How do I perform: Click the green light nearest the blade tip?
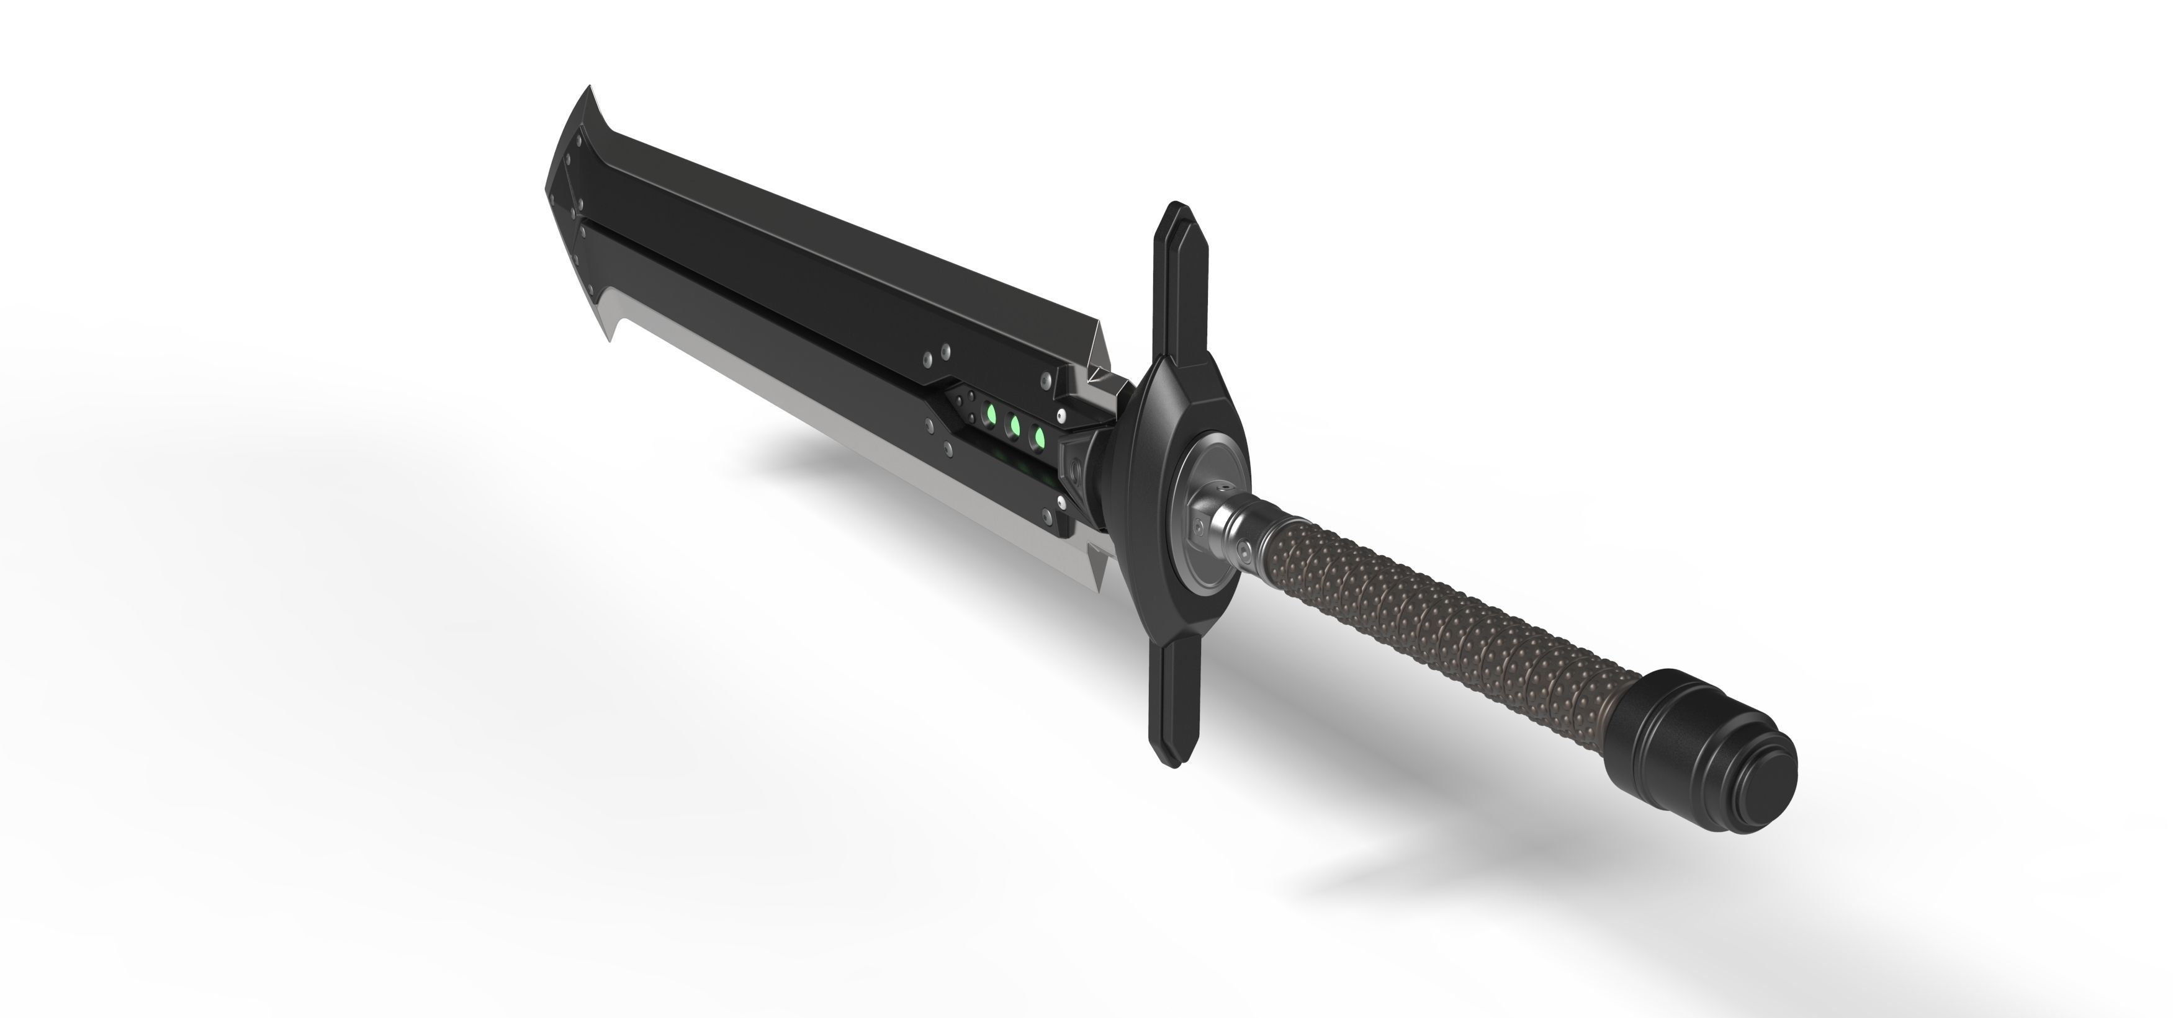[992, 415]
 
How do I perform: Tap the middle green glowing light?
[1015, 426]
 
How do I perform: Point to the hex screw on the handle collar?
[1244, 551]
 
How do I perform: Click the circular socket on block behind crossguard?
[1076, 469]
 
